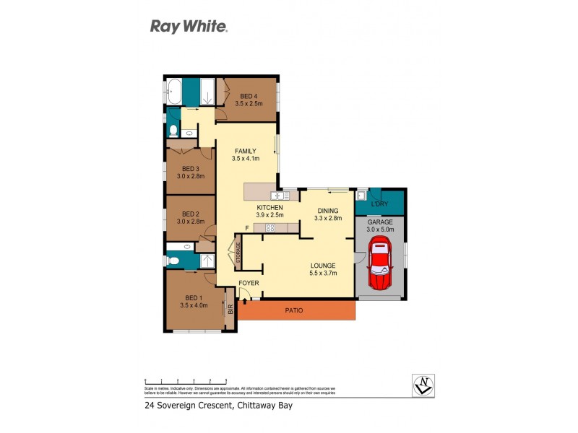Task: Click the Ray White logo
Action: (x=189, y=27)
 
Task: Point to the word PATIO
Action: (x=293, y=310)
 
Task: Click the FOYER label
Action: (x=249, y=283)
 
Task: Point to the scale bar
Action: (x=186, y=380)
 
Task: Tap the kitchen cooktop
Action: (x=270, y=228)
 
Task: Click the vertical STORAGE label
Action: (x=237, y=252)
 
